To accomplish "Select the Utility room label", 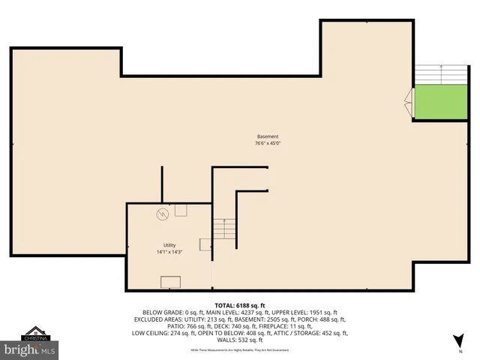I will click(x=169, y=245).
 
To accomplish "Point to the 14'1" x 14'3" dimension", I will click(x=169, y=252).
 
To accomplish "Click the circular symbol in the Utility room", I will click(x=161, y=214).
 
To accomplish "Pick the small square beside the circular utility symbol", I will click(x=180, y=211).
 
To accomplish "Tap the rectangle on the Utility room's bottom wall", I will click(x=170, y=282).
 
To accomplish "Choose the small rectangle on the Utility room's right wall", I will click(x=205, y=244).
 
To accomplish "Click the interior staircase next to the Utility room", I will click(x=223, y=229).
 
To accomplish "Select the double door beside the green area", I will click(x=409, y=101).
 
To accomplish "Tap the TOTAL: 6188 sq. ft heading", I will click(x=240, y=305).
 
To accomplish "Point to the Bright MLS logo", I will click(x=29, y=349).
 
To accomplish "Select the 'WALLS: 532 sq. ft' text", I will click(x=240, y=339).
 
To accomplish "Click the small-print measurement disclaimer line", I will click(x=240, y=349).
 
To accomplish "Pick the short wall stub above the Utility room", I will click(x=162, y=184).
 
